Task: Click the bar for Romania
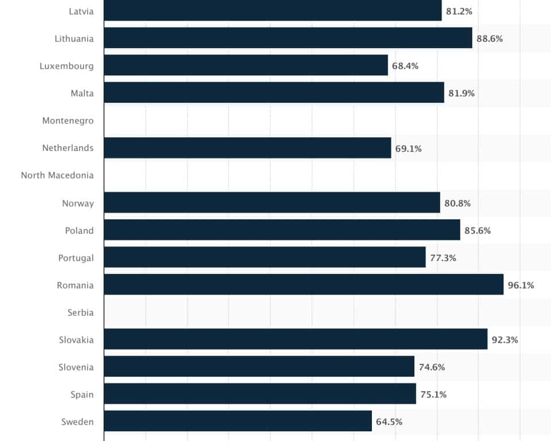(x=304, y=284)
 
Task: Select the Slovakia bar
(x=296, y=339)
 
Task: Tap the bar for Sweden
(x=238, y=421)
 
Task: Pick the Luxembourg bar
(x=246, y=65)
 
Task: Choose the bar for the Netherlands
(x=247, y=148)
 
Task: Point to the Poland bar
(x=282, y=230)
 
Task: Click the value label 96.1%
(x=521, y=285)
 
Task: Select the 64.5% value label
(x=389, y=421)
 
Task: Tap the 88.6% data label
(x=490, y=38)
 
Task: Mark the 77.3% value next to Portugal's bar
(x=443, y=258)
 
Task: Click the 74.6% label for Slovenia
(x=432, y=367)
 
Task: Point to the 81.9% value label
(x=461, y=93)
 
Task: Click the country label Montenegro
(x=68, y=121)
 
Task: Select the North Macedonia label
(x=57, y=175)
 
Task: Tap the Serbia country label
(x=80, y=312)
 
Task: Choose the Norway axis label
(x=78, y=203)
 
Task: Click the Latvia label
(x=80, y=11)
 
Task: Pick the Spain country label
(x=82, y=394)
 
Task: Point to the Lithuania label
(x=74, y=38)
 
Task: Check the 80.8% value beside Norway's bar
(x=457, y=203)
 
